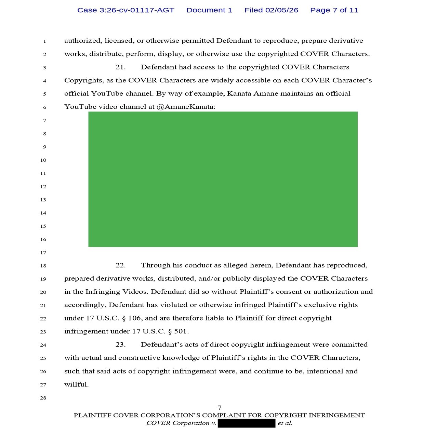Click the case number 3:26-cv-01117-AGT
tap(125, 10)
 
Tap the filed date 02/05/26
tap(281, 10)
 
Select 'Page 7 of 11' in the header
tap(334, 10)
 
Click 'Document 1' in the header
tap(209, 10)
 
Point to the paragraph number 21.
tap(120, 67)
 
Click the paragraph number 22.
tap(120, 265)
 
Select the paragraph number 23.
tap(120, 345)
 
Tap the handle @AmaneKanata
tap(186, 107)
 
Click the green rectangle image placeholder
tap(223, 179)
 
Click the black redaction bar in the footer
tap(247, 423)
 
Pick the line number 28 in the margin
tap(43, 398)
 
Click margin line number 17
tap(43, 253)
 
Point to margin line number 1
tap(44, 41)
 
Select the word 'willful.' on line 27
tap(76, 384)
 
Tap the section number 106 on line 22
tap(134, 318)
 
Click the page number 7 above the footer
tap(220, 408)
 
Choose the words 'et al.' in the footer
tap(285, 423)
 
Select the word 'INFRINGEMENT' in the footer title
tap(336, 415)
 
